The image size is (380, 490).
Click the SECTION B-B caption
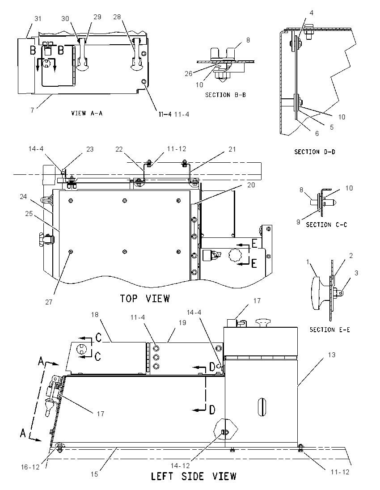pos(225,95)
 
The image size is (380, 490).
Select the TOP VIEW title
pos(145,299)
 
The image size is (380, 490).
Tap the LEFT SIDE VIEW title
pos(194,476)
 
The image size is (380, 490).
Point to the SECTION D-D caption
pos(315,152)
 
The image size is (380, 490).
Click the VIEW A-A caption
pos(87,113)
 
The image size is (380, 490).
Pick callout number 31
pos(38,19)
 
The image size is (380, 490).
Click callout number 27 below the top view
pos(49,302)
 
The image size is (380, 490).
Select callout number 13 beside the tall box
pos(332,355)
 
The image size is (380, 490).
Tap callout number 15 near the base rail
pos(94,474)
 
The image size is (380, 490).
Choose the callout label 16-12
pos(30,467)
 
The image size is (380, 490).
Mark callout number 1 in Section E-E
pos(308,262)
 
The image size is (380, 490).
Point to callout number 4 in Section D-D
pos(312,13)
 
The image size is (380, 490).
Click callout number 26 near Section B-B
pos(189,73)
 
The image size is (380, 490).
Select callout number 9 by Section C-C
pos(298,222)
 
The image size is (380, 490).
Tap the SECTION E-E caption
pos(329,329)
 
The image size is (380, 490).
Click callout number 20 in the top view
pos(251,185)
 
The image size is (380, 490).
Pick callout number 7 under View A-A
pos(32,110)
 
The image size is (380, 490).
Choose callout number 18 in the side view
pos(95,315)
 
